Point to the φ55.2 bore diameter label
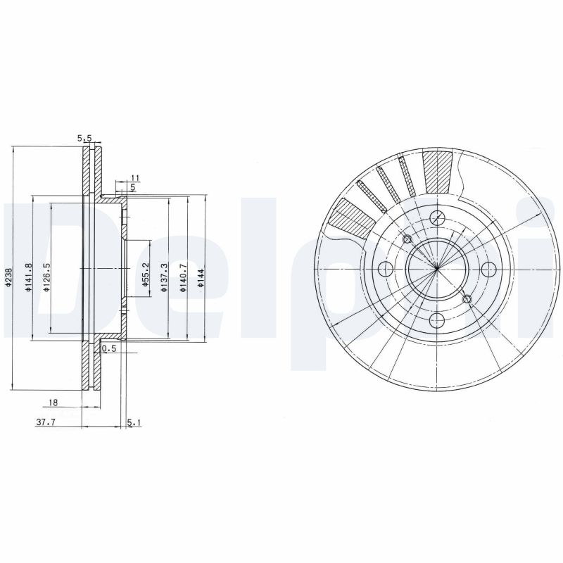pyautogui.click(x=146, y=274)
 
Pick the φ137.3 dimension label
pyautogui.click(x=163, y=274)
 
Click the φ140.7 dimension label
pyautogui.click(x=182, y=274)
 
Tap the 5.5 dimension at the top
pyautogui.click(x=85, y=139)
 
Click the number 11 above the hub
pyautogui.click(x=136, y=177)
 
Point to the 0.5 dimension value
pyautogui.click(x=109, y=348)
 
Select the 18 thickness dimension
pyautogui.click(x=53, y=403)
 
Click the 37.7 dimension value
pyautogui.click(x=46, y=422)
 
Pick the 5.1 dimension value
pyautogui.click(x=134, y=422)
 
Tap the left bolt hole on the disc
pyautogui.click(x=384, y=268)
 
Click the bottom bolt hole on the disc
pyautogui.click(x=436, y=320)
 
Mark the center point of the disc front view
pyautogui.click(x=436, y=268)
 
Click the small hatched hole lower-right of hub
pyautogui.click(x=467, y=299)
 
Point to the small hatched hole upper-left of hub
pyautogui.click(x=406, y=238)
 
